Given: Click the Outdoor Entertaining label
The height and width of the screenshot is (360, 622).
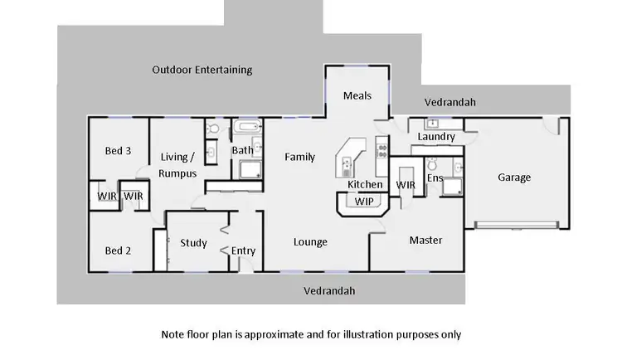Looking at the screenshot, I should [x=202, y=70].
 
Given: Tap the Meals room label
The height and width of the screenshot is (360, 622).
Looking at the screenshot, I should [x=357, y=95].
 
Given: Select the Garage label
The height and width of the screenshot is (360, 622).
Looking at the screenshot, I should [x=514, y=177].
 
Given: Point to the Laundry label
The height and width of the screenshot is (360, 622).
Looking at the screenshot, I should [x=435, y=136].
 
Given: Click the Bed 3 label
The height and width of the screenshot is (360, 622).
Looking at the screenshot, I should [x=118, y=151].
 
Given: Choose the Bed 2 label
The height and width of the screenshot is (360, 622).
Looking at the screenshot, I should [x=118, y=251].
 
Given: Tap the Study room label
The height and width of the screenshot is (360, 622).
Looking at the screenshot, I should [x=193, y=243].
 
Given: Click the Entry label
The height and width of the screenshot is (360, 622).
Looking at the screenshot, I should [x=243, y=251].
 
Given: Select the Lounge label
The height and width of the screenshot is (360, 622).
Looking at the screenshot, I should [x=310, y=242].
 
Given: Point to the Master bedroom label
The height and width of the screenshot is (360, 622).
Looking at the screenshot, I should [x=425, y=241].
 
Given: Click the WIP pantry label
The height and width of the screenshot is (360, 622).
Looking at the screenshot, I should [x=364, y=202].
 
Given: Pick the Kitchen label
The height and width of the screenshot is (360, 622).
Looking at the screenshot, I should [x=365, y=184].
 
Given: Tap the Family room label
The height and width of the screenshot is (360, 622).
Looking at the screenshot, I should [x=299, y=157].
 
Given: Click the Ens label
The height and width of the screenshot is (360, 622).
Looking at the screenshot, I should [x=435, y=178].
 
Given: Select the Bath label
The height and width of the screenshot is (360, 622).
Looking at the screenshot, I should [x=242, y=150].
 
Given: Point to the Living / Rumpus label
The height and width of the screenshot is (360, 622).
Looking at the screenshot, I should [x=177, y=165].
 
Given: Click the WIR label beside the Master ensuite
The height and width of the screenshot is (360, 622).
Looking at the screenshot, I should [x=406, y=184].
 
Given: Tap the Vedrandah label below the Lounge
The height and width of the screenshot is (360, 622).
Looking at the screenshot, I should [x=329, y=291].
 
